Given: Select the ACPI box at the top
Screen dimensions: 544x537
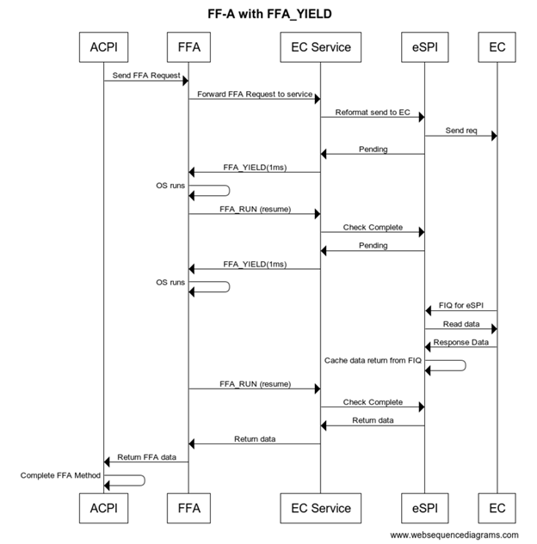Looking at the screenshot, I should point(103,47).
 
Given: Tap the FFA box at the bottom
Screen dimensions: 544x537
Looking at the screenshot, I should point(188,507).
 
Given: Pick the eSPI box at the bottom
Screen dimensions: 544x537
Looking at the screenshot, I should point(423,507).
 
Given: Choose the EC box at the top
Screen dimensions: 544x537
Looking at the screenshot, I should point(497,47).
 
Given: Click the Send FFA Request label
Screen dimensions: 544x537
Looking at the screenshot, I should point(146,76).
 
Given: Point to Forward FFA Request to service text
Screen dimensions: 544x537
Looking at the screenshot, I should point(254,93).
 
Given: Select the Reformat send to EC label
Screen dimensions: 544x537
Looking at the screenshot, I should point(372,112).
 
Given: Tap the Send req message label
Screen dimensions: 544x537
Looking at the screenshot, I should point(460,131).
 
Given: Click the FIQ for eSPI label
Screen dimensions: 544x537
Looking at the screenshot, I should point(460,305).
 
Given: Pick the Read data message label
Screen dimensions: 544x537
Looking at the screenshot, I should point(460,324).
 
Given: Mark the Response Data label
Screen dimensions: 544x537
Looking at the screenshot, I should point(460,342).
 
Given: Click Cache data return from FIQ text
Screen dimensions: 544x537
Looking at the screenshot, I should point(373,360).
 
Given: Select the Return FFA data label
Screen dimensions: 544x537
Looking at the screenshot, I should point(146,457).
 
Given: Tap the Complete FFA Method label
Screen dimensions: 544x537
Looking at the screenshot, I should point(60,475).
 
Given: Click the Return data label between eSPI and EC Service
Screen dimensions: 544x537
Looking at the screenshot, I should point(373,420).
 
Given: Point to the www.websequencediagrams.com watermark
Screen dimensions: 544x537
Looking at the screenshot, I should point(454,535).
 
